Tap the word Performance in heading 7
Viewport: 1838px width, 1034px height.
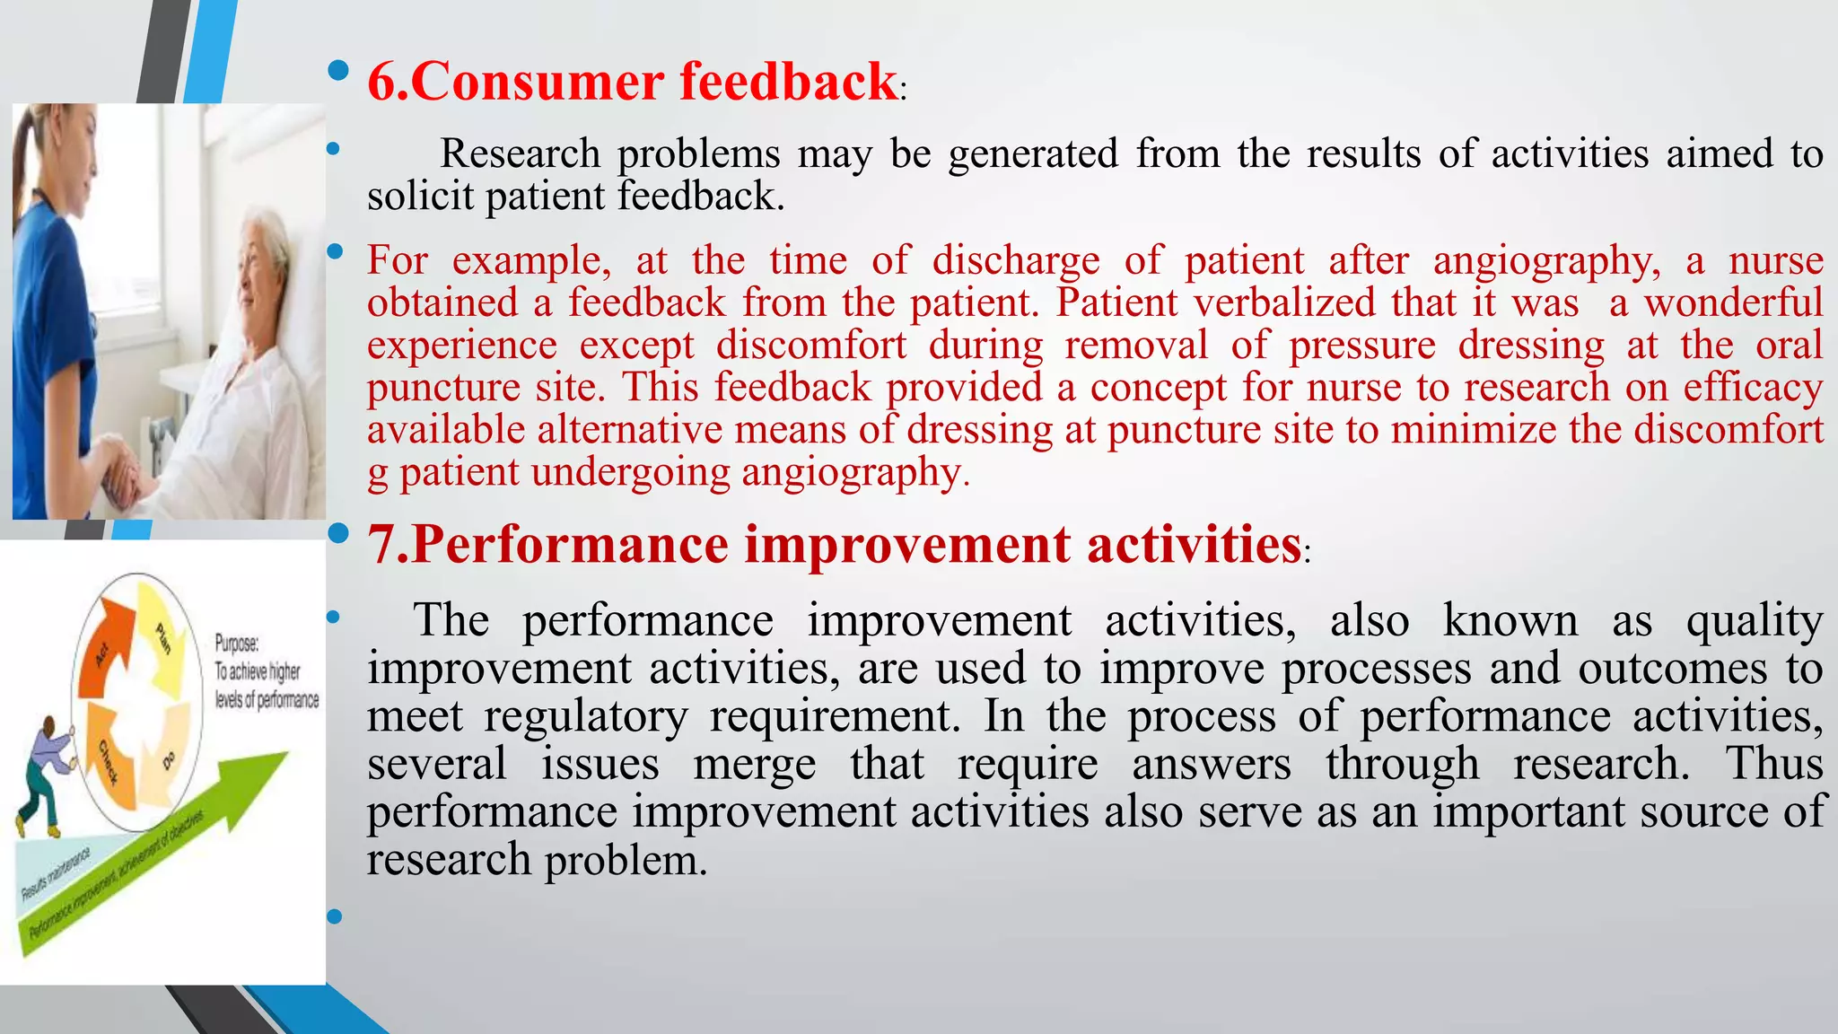[569, 545]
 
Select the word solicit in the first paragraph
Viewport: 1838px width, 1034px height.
[420, 197]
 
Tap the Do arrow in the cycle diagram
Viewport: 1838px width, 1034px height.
[171, 754]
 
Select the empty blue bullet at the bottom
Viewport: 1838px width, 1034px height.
[335, 916]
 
